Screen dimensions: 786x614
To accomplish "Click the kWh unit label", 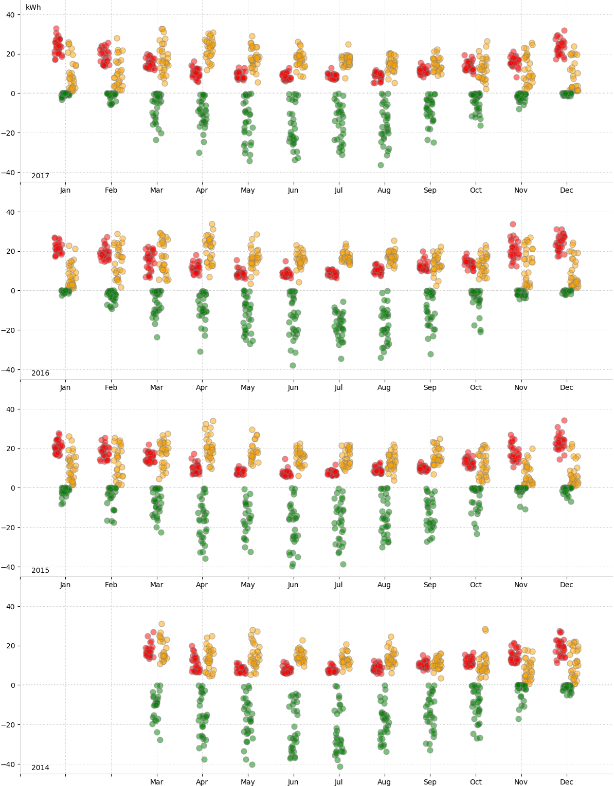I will tap(33, 7).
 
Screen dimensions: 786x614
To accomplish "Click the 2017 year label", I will tap(40, 176).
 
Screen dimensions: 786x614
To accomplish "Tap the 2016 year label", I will tap(40, 373).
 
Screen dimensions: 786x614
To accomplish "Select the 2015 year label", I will tap(40, 570).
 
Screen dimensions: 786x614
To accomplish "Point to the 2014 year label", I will tap(40, 768).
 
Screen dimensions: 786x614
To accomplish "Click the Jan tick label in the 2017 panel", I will tap(65, 190).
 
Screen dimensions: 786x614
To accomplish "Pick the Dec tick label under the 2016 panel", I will tap(566, 387).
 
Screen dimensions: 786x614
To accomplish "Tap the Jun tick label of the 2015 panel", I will tap(293, 585).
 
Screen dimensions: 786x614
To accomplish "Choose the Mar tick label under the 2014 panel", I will tap(156, 782).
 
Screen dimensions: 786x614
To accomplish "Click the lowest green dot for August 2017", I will tap(381, 165).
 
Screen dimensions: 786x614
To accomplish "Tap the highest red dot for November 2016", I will tap(513, 224).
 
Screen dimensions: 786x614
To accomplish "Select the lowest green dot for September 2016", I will tap(430, 354).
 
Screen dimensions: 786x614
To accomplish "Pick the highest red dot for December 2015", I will tap(564, 420).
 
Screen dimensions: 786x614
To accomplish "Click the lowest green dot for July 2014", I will tap(340, 766).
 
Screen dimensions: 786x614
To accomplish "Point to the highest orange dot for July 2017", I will tap(348, 45).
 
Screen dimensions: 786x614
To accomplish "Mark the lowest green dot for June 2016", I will tap(293, 365).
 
